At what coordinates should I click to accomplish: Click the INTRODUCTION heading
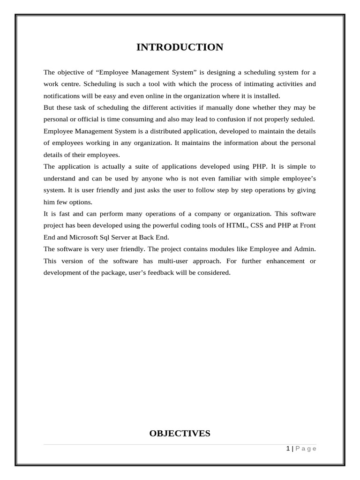tap(180, 47)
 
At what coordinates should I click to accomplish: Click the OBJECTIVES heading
tap(180, 434)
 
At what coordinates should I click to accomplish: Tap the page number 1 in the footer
tap(288, 449)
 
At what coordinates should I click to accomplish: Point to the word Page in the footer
tap(306, 449)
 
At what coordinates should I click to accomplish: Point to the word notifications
tap(62, 96)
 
